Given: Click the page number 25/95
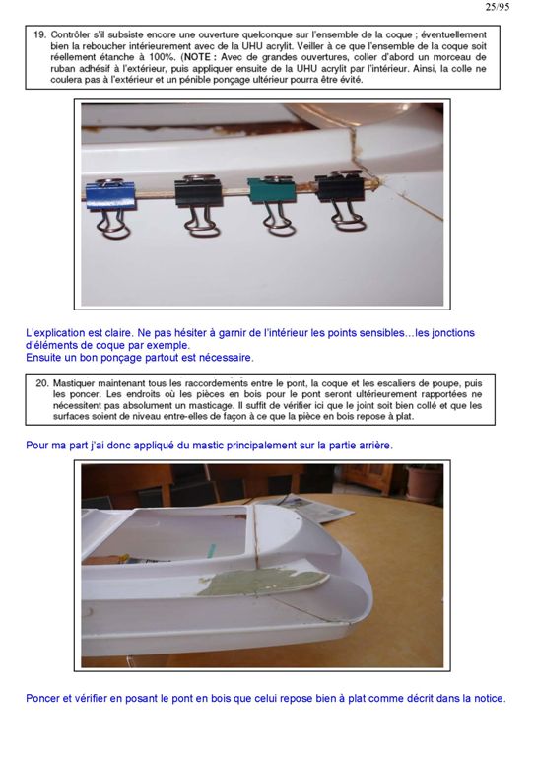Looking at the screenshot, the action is click(x=497, y=7).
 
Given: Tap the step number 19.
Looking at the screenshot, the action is click(x=39, y=34).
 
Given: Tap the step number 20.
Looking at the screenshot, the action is click(x=42, y=383).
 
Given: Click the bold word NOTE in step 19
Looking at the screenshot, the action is click(x=196, y=57).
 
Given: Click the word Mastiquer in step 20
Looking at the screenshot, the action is click(x=73, y=384).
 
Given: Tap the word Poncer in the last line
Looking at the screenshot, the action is click(x=43, y=698).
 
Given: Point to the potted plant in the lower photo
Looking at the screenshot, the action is click(x=423, y=483).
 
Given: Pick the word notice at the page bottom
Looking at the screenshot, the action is click(x=490, y=698).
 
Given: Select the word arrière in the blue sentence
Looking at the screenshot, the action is click(x=375, y=446).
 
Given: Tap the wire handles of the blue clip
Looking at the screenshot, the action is click(x=113, y=226).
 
